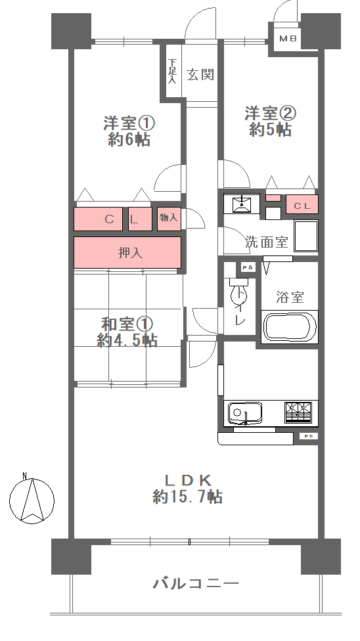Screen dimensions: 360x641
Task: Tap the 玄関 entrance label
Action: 200,74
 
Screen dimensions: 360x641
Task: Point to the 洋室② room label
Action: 270,113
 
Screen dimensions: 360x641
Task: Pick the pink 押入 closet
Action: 127,253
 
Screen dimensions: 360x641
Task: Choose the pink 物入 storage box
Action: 169,219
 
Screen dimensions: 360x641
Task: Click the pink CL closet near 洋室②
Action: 302,204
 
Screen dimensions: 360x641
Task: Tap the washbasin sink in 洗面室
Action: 242,204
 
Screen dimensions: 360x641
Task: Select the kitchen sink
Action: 244,414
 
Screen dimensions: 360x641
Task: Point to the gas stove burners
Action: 298,412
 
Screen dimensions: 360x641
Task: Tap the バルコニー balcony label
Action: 196,583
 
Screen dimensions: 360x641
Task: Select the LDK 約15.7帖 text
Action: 188,488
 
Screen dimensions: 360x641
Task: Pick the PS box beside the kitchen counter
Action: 309,437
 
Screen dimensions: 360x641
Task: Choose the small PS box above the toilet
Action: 247,268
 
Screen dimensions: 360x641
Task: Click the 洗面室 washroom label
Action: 267,242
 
